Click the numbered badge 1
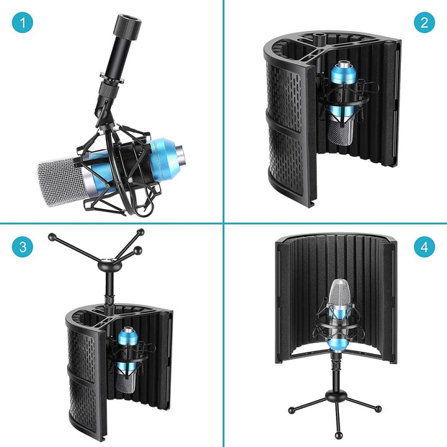click(x=22, y=22)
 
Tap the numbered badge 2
click(x=424, y=22)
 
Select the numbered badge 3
click(x=22, y=247)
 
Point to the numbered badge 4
click(x=424, y=247)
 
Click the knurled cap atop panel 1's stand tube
click(x=128, y=25)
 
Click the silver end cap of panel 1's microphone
click(x=180, y=155)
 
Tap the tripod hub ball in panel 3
click(x=110, y=265)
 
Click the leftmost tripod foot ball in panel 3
click(x=52, y=237)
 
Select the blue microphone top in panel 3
click(x=128, y=337)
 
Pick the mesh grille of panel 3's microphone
click(x=125, y=382)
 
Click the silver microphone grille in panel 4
click(x=340, y=293)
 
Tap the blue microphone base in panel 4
click(x=338, y=345)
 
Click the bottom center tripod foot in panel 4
click(x=339, y=435)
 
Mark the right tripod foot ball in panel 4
click(x=378, y=409)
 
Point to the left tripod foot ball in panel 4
click(x=291, y=410)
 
